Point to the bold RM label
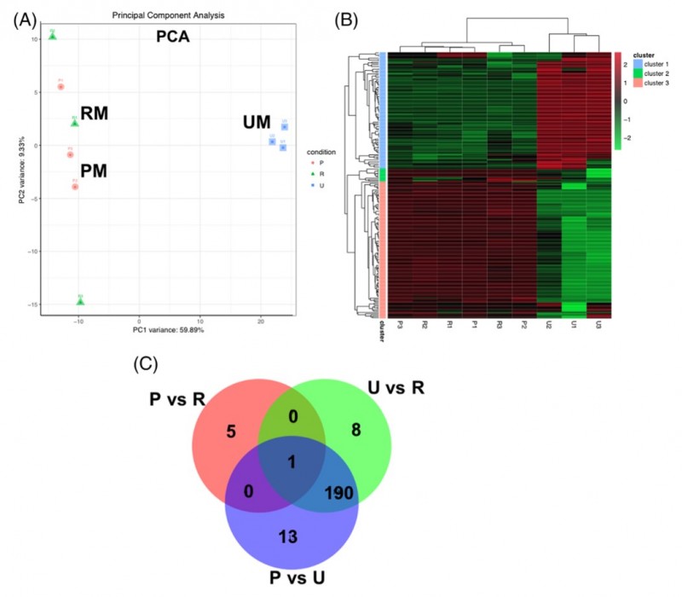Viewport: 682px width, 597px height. [x=95, y=113]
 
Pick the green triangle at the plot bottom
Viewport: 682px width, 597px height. [x=80, y=301]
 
